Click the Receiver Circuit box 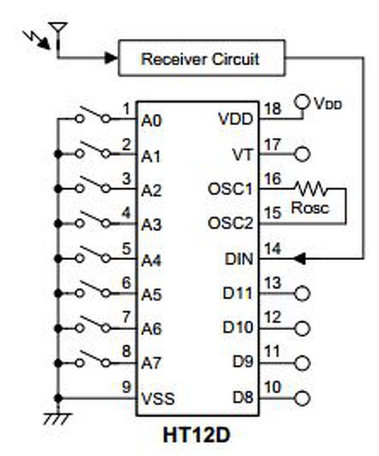[x=201, y=58]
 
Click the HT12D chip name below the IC [x=196, y=435]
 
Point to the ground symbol [x=57, y=419]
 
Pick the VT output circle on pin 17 [x=303, y=155]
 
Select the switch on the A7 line [x=93, y=360]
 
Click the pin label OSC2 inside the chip [x=230, y=224]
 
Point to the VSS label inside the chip [x=158, y=398]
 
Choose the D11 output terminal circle [x=303, y=293]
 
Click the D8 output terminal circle [x=303, y=398]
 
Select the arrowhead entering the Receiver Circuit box [x=110, y=57]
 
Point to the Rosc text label [x=310, y=208]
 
